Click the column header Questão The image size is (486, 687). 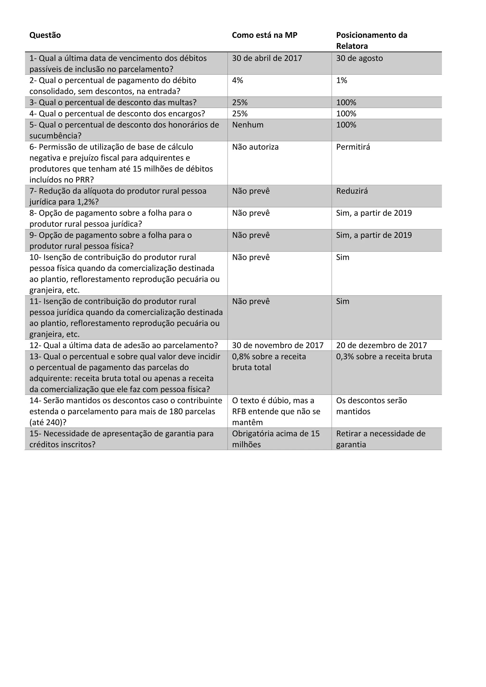[45, 35]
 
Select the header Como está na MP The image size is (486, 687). [264, 35]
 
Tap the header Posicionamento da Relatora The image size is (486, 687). [371, 41]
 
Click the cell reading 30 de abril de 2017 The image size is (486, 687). [267, 58]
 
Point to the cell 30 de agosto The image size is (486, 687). [359, 58]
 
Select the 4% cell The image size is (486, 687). [238, 81]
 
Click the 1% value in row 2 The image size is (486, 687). [342, 81]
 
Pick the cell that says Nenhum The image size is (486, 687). [248, 125]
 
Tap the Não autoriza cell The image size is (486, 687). [255, 147]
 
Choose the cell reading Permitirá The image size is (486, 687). [353, 147]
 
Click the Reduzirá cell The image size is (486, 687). [352, 191]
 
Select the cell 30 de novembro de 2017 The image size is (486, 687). [278, 345]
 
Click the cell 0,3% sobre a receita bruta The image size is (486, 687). [384, 357]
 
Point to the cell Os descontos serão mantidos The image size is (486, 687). [371, 406]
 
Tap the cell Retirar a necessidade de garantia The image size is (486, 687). [381, 439]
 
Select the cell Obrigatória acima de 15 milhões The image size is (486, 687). [276, 439]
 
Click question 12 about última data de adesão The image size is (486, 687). [123, 345]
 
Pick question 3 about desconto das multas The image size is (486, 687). [113, 103]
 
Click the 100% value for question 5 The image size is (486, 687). [346, 125]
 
